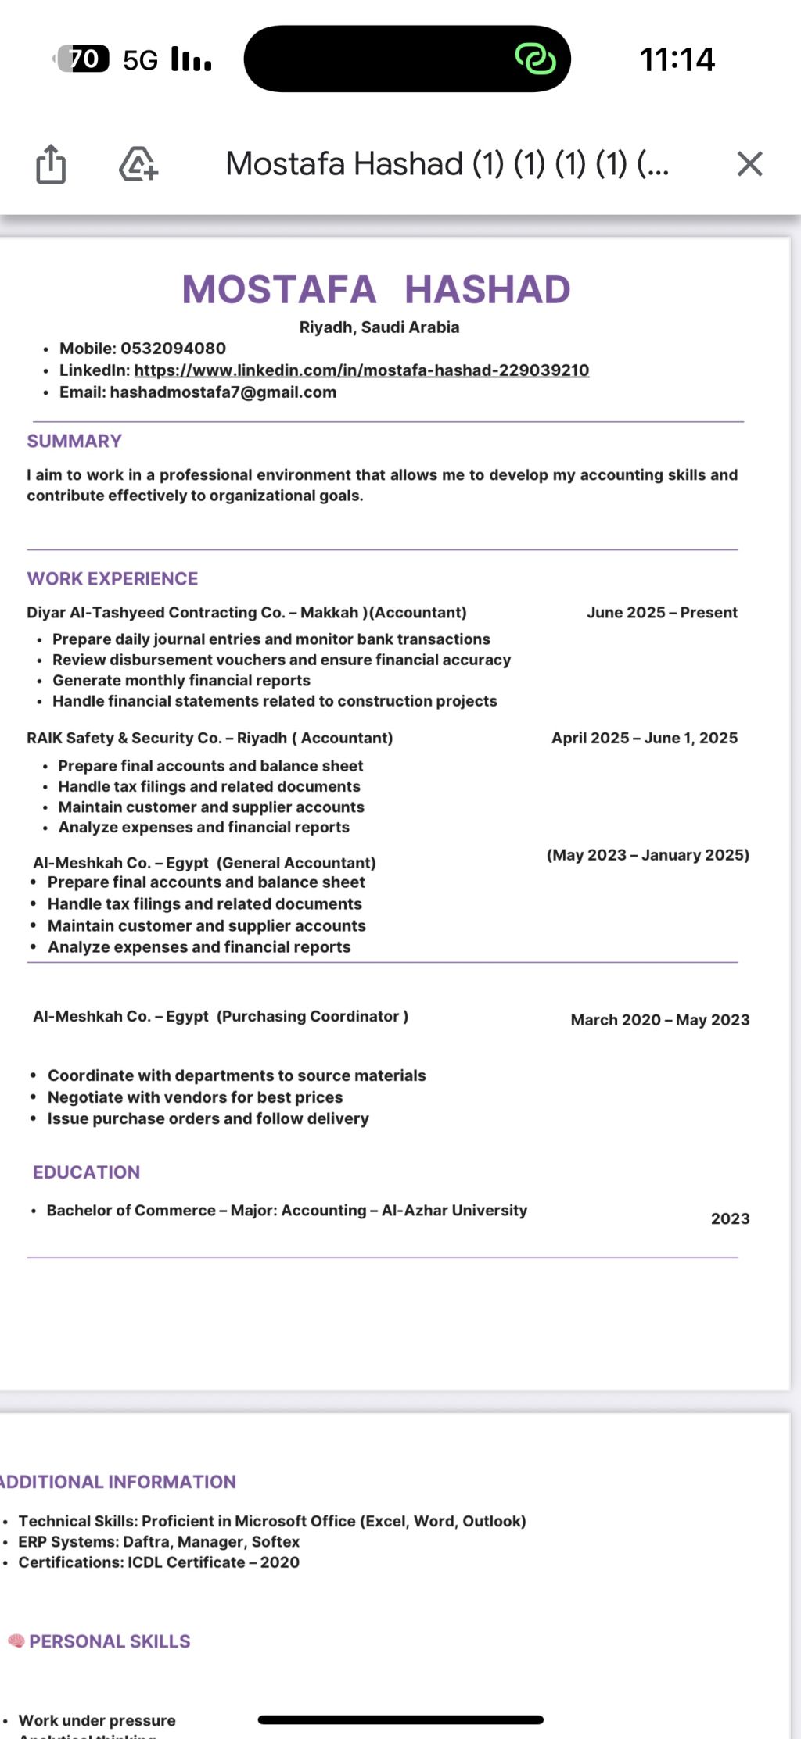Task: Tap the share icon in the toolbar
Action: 51,164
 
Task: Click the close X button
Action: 749,164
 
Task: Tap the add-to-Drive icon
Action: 138,164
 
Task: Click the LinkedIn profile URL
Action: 361,370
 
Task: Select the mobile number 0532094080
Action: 173,349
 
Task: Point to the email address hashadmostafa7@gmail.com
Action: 223,392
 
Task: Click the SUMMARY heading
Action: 74,442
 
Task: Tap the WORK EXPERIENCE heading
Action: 113,579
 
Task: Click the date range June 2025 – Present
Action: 662,613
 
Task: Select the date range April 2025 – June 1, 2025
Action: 645,739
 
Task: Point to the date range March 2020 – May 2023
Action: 660,1020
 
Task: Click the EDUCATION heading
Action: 87,1172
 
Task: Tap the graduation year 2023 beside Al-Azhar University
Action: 730,1219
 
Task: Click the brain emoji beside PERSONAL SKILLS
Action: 16,1641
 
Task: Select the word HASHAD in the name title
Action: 487,290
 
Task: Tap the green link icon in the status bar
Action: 535,59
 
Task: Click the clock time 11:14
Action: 677,60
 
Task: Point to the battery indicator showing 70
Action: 83,59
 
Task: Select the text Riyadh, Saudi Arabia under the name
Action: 379,327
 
